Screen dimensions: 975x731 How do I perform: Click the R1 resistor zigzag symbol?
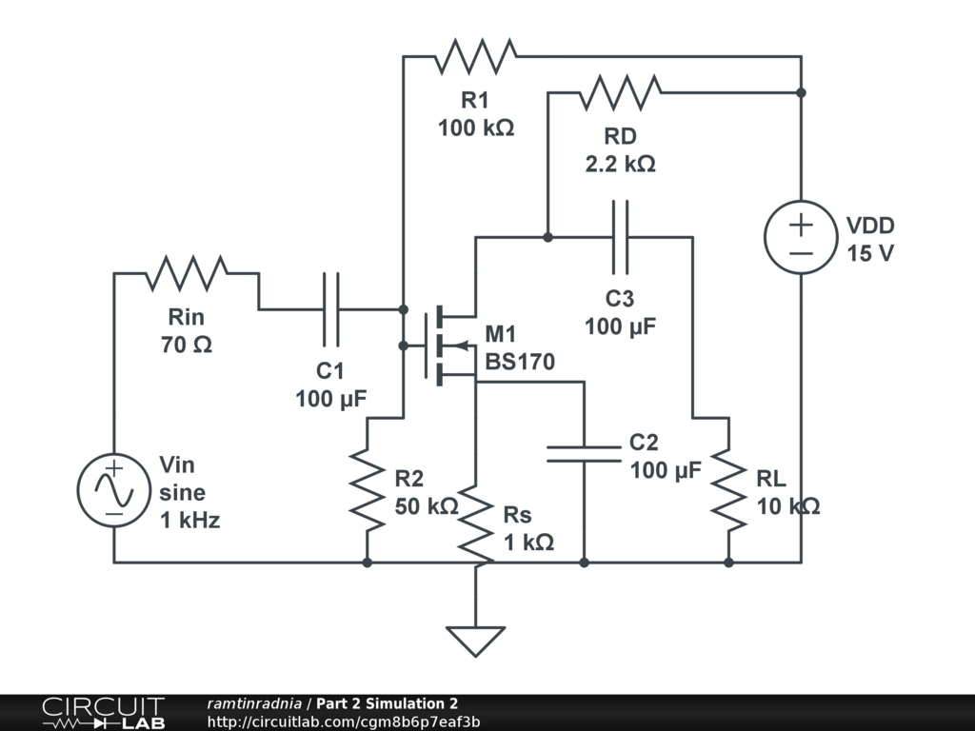click(476, 56)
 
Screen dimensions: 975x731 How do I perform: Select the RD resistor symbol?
click(620, 92)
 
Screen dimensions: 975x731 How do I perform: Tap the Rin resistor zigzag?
click(187, 273)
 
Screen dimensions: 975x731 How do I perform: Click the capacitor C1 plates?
click(330, 309)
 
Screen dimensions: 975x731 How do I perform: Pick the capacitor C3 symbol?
click(620, 237)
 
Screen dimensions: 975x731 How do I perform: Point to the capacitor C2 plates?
click(584, 454)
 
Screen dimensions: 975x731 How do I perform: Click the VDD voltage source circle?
click(801, 237)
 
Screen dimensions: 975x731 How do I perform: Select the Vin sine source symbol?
click(114, 490)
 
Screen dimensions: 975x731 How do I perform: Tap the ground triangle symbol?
click(476, 642)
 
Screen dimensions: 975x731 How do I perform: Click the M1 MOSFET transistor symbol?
click(448, 346)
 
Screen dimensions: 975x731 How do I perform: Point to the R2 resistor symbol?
click(367, 491)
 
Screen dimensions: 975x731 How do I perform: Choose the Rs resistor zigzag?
click(476, 525)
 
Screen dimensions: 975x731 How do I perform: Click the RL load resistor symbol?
click(728, 491)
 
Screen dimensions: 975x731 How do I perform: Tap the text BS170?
click(520, 362)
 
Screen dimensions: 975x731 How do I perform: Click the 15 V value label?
click(870, 253)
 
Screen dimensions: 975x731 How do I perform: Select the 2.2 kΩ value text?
click(620, 164)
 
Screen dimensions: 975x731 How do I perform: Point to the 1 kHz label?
click(189, 520)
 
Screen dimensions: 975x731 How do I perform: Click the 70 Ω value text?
click(187, 345)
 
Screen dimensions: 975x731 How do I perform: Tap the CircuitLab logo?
click(104, 712)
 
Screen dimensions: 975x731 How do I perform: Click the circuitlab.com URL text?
click(343, 721)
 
